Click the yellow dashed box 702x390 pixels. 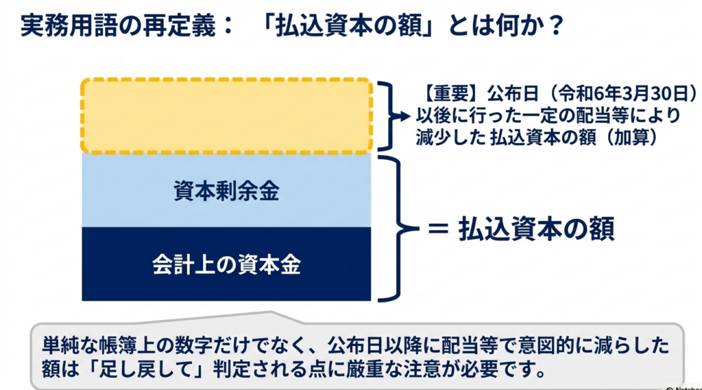pyautogui.click(x=226, y=115)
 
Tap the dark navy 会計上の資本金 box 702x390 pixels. pyautogui.click(x=226, y=264)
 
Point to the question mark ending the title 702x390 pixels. pyautogui.click(x=556, y=27)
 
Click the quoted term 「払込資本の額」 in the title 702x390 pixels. pyautogui.click(x=353, y=27)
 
